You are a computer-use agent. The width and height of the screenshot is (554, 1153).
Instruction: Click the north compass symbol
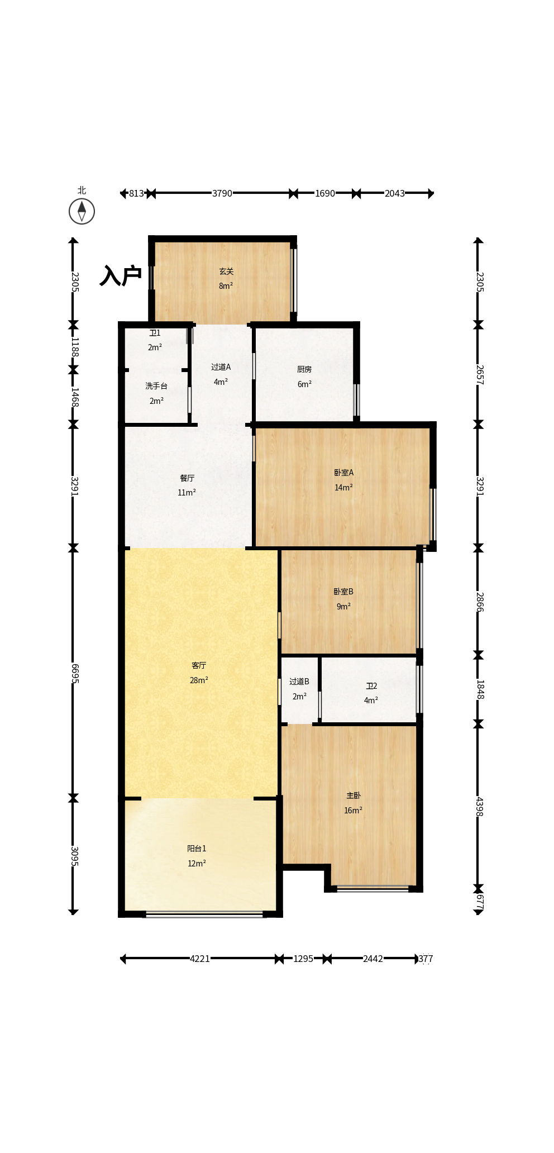(x=82, y=211)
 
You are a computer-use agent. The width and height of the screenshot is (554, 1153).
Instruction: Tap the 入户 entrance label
(x=121, y=275)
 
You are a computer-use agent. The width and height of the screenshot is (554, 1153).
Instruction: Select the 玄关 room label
(x=226, y=271)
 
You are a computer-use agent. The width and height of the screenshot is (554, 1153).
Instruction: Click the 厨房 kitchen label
(x=304, y=369)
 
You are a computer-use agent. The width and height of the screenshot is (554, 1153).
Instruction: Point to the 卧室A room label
(x=343, y=473)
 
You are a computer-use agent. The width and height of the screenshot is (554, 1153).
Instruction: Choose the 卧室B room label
(x=343, y=592)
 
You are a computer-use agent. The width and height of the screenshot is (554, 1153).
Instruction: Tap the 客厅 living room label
(x=199, y=665)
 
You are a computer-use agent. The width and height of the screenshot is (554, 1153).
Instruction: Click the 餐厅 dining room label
(x=187, y=478)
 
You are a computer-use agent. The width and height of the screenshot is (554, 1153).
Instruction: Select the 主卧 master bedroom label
(x=354, y=795)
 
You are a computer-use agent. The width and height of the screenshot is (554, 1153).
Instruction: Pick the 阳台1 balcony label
(x=197, y=849)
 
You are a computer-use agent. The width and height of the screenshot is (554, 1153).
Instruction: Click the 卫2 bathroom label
(x=371, y=686)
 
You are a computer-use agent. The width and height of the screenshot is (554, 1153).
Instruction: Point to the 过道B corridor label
(x=299, y=682)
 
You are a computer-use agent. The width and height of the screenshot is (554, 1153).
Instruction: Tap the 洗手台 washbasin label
(x=156, y=386)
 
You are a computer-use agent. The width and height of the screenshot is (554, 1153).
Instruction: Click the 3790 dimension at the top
(x=222, y=193)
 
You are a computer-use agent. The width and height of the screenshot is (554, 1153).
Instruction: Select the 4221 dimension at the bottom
(x=200, y=959)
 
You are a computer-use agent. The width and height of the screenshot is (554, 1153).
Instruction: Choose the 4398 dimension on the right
(x=479, y=806)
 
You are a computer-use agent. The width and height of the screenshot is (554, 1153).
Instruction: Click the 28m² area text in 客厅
(x=199, y=680)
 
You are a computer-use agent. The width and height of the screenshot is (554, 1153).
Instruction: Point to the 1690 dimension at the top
(x=325, y=193)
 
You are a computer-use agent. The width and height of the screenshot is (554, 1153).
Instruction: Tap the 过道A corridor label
(x=221, y=367)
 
